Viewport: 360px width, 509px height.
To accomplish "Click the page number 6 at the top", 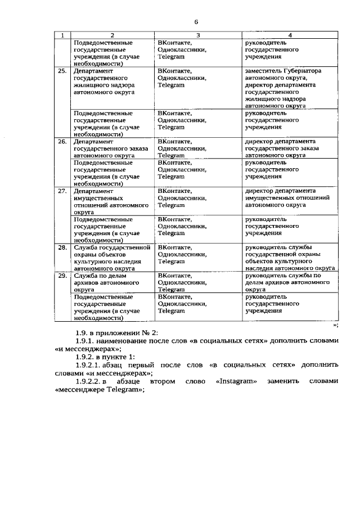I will [196, 21].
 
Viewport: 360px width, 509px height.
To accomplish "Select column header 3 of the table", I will [199, 35].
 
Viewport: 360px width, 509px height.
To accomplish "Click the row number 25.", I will [62, 71].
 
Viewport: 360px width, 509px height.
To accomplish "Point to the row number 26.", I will [62, 142].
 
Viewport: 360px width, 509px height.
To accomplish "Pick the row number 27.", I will [62, 191].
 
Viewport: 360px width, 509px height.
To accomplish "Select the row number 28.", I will [62, 247].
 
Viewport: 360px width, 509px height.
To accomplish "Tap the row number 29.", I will [62, 276].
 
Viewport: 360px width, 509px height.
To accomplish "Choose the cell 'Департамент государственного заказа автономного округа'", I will [111, 148].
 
